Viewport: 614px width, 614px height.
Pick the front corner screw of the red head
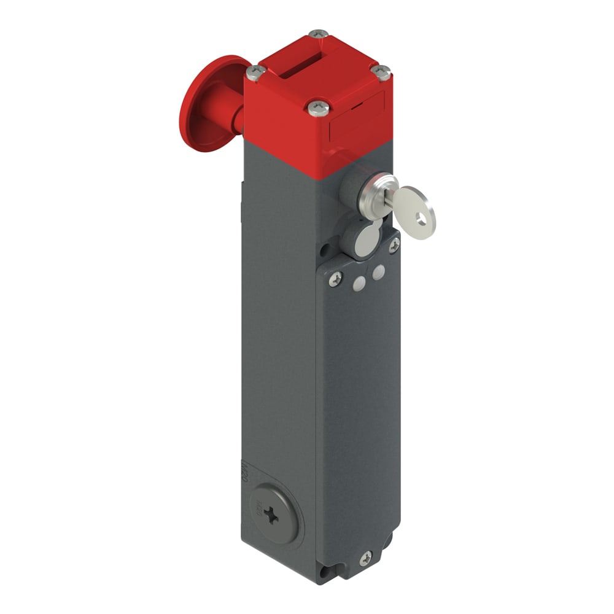point(317,109)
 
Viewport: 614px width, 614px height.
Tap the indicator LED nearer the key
point(379,272)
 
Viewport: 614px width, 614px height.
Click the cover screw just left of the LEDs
point(335,279)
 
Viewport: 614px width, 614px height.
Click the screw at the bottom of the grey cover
point(366,558)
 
